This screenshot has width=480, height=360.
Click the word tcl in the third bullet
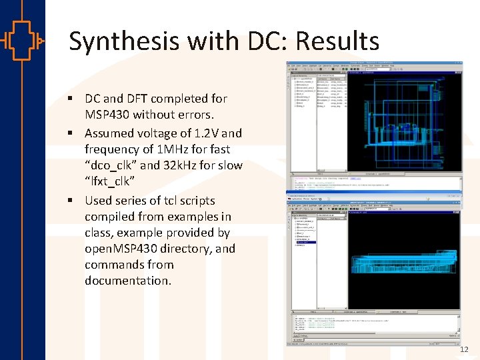[175, 201]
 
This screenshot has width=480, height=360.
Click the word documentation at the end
[127, 281]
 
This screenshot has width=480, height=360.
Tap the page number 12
[465, 349]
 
